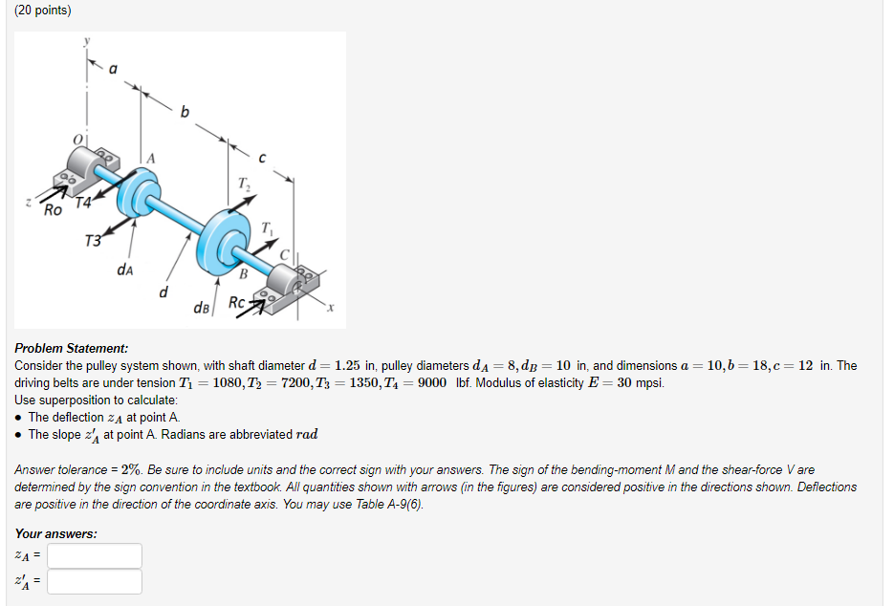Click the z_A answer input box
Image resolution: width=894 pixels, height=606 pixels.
pyautogui.click(x=95, y=555)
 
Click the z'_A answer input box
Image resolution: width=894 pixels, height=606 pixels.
pyautogui.click(x=95, y=581)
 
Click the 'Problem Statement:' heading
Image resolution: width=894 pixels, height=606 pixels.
pyautogui.click(x=71, y=349)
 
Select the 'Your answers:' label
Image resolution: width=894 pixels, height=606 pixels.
pyautogui.click(x=55, y=533)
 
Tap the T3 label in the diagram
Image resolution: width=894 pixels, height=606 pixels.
pyautogui.click(x=92, y=240)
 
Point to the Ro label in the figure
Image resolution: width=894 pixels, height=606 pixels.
pyautogui.click(x=54, y=209)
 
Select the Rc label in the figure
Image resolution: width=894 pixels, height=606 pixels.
pyautogui.click(x=237, y=306)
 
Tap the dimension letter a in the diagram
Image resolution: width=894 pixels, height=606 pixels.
pyautogui.click(x=114, y=68)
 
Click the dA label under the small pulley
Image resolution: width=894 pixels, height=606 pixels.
pyautogui.click(x=124, y=269)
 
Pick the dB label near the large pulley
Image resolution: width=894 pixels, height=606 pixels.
pyautogui.click(x=202, y=308)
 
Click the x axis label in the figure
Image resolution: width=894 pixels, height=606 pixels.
pyautogui.click(x=330, y=308)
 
